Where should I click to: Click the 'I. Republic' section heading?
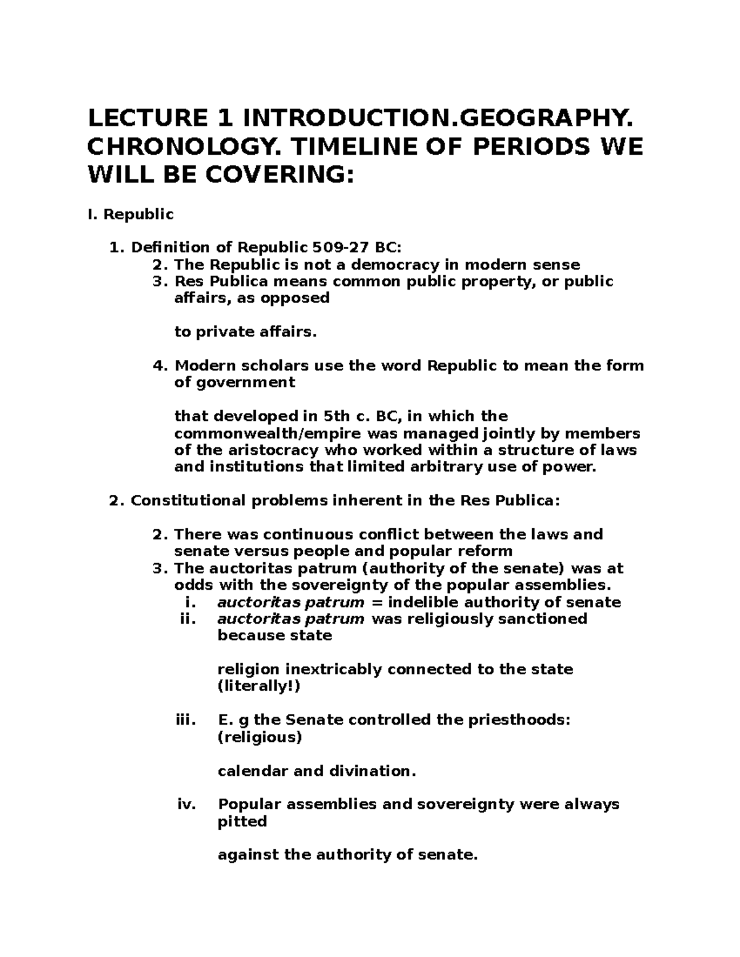(131, 214)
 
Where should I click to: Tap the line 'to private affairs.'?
(245, 332)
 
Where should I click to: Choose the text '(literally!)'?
(259, 686)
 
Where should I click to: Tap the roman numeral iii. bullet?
(186, 720)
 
